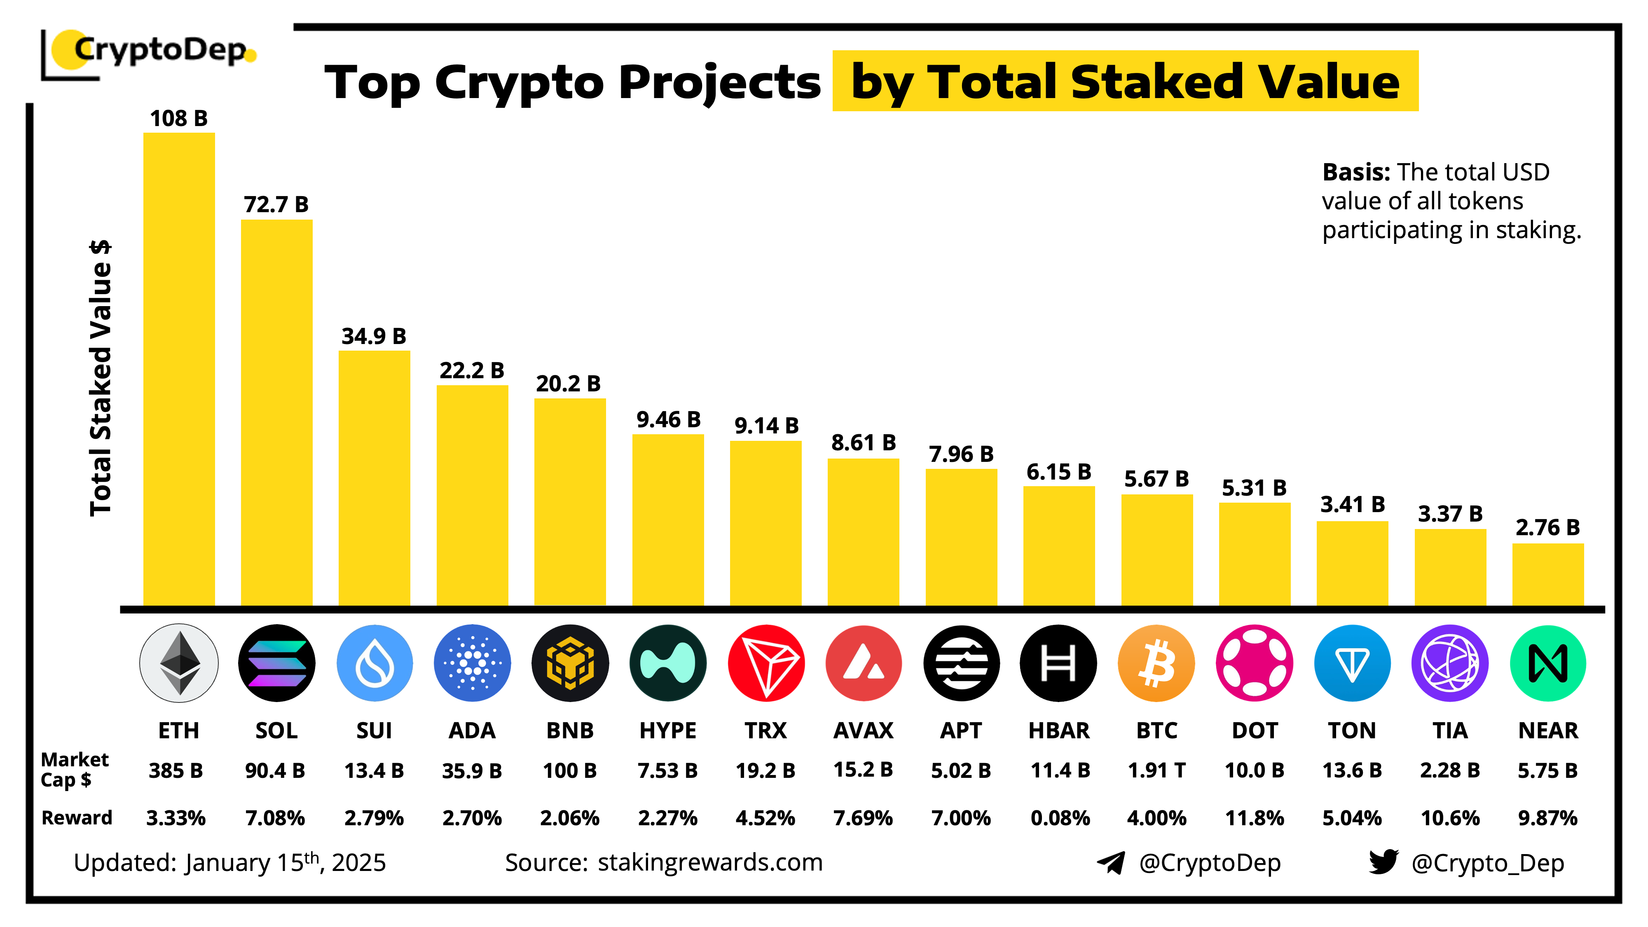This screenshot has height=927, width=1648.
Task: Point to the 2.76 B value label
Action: tap(1547, 527)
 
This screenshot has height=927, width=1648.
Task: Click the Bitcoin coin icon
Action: tap(1156, 663)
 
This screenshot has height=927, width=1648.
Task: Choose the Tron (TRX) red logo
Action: tap(766, 663)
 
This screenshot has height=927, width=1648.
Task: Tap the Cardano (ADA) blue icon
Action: tap(472, 663)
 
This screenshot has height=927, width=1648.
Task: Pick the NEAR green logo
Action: tap(1547, 663)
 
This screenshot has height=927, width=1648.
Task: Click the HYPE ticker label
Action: tap(667, 730)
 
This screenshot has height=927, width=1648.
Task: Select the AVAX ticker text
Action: tap(863, 730)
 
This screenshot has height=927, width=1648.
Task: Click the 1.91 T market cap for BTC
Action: tap(1156, 770)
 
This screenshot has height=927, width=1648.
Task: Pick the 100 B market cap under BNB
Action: tap(569, 770)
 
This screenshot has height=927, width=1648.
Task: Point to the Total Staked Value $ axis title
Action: tap(101, 377)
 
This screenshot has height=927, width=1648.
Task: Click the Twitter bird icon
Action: tap(1383, 862)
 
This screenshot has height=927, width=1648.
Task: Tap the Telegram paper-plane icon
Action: tap(1111, 862)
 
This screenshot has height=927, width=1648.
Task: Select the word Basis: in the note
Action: tap(1355, 172)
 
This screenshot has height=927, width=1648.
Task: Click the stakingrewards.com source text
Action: tap(709, 862)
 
